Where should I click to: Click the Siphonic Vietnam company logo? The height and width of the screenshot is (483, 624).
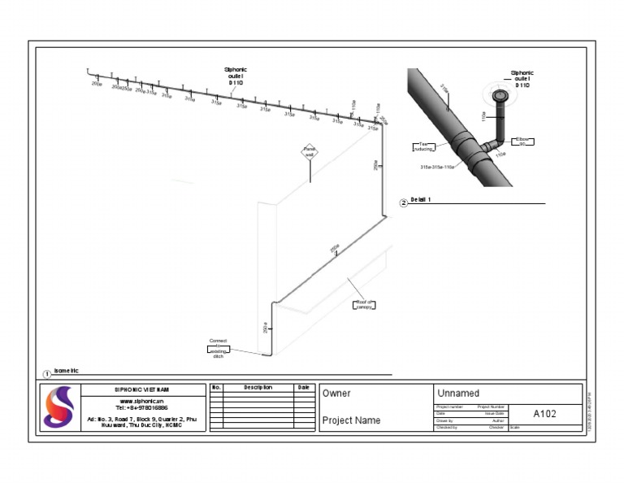58,407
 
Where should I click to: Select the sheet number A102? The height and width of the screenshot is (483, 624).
544,414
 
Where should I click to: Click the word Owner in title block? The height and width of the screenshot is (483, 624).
336,394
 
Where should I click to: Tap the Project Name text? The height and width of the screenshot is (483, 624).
351,420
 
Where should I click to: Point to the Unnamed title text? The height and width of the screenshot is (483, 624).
458,394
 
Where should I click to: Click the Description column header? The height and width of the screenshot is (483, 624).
258,388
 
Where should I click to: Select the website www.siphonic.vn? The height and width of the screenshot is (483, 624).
141,400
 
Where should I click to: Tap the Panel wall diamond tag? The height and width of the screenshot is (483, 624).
309,151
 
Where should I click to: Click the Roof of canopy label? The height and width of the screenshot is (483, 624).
363,304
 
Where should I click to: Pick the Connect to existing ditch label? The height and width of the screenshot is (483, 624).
218,347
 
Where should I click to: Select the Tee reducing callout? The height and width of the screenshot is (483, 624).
422,146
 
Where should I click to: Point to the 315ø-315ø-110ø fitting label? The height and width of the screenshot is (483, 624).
437,167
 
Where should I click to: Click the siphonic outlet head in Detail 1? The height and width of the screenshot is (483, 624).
500,97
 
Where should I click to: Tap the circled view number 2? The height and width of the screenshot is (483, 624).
404,202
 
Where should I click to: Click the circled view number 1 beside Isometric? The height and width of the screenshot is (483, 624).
47,374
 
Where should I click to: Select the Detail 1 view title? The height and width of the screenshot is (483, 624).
420,199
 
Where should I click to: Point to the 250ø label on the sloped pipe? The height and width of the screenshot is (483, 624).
334,248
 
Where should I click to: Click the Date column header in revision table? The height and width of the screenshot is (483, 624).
303,388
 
